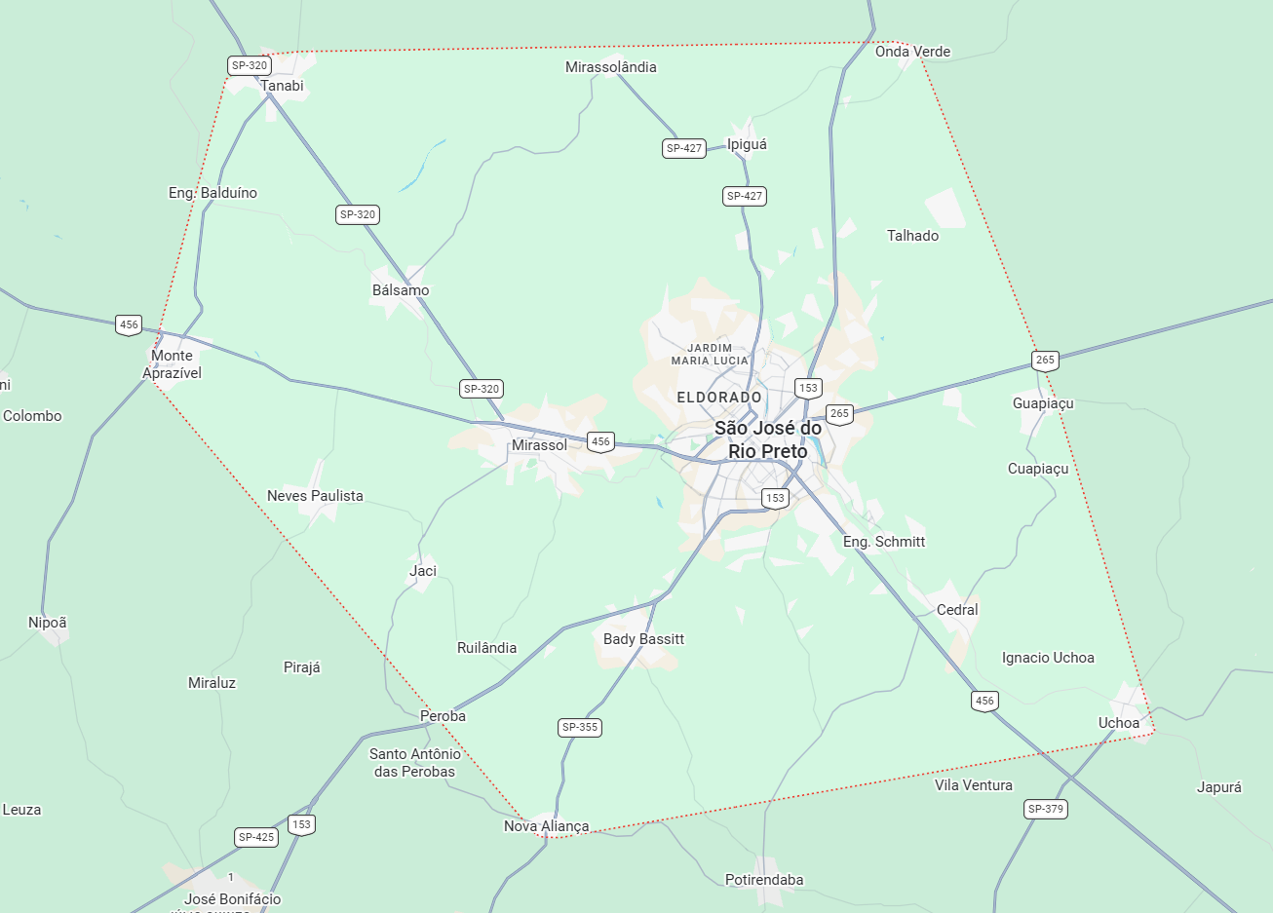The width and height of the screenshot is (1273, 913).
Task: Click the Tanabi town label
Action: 282,86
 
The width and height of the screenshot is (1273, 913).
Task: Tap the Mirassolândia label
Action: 611,67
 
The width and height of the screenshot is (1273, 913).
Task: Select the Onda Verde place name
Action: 912,52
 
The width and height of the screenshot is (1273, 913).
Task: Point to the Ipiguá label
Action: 747,144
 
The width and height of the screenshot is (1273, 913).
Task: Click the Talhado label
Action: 912,236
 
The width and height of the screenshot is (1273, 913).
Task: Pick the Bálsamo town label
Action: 401,290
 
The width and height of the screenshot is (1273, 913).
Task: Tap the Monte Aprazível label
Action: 172,364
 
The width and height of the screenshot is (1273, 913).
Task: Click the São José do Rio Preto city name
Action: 768,439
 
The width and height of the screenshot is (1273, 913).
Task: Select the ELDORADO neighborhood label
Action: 719,398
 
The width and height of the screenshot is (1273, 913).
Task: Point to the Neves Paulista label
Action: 315,496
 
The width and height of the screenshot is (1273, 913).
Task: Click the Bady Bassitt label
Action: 643,639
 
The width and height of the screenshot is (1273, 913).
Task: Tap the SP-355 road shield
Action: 580,727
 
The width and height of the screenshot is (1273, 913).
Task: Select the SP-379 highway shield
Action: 1046,809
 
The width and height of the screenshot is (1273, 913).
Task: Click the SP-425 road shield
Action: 256,837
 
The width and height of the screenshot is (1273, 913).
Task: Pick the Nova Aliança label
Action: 546,826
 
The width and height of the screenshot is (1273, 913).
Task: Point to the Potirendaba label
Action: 764,880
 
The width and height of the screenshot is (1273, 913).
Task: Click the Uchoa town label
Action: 1118,723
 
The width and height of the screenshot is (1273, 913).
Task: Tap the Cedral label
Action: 956,610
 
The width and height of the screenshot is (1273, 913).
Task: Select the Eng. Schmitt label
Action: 884,542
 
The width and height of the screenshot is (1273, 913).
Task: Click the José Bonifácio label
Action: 232,899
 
